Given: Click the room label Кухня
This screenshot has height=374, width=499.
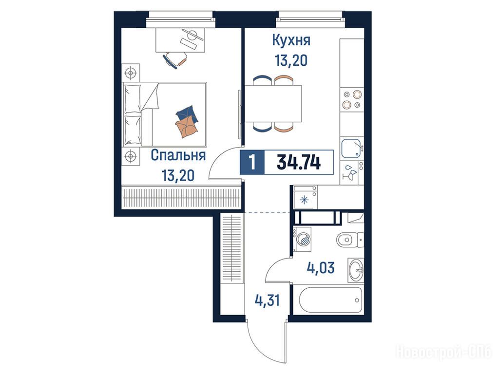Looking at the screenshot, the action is (x=291, y=41).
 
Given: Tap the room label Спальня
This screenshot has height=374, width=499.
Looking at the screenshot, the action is (x=178, y=155).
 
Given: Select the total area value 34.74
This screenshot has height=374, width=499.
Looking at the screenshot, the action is (x=299, y=163).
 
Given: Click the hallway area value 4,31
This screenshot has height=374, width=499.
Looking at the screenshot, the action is (x=268, y=300).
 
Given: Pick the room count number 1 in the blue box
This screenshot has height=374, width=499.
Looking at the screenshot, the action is (x=252, y=163).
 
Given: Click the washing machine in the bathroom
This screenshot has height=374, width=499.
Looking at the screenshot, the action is (x=302, y=240).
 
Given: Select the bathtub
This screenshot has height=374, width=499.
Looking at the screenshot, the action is (x=331, y=300).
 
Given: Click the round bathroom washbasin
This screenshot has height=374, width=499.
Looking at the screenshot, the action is (x=355, y=270).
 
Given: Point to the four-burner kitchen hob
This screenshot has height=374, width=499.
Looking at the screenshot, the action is (x=352, y=99).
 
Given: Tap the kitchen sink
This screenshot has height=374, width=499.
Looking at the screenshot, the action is (x=352, y=149).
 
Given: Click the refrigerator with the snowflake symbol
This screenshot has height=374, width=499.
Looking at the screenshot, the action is (x=305, y=198).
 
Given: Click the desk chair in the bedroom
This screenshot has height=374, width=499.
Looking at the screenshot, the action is (x=175, y=59).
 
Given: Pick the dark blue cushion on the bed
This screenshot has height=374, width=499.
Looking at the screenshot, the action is (x=187, y=113).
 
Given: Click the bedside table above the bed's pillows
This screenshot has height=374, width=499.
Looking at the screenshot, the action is (x=131, y=73).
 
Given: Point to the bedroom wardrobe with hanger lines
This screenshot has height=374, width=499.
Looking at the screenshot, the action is (x=181, y=197).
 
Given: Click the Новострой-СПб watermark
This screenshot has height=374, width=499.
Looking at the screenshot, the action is (x=444, y=353).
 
